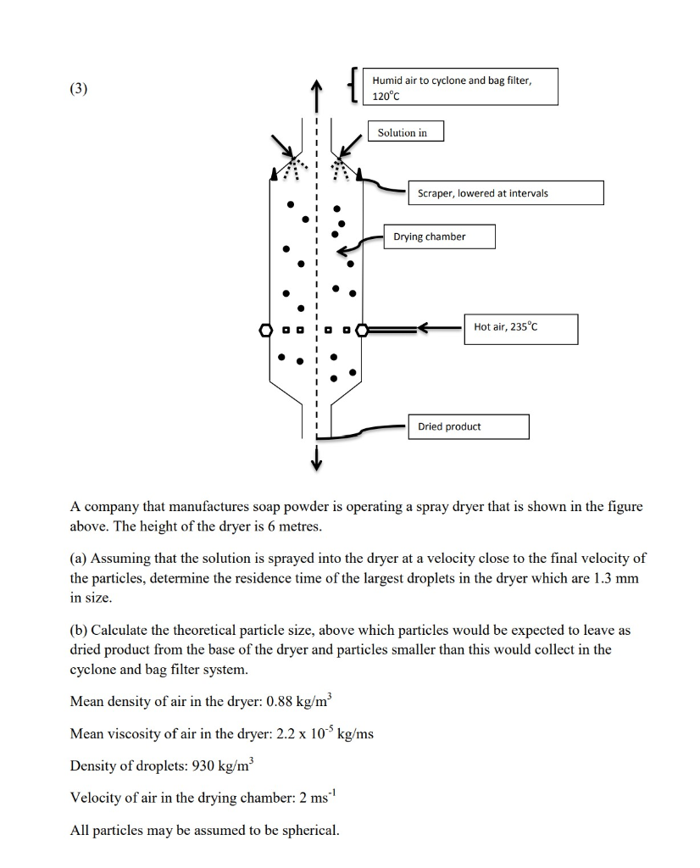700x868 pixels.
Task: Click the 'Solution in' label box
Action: pyautogui.click(x=405, y=132)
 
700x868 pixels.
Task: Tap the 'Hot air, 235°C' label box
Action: pyautogui.click(x=520, y=328)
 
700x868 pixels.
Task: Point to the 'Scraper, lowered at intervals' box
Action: pyautogui.click(x=505, y=193)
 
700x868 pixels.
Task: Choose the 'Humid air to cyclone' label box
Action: pyautogui.click(x=463, y=87)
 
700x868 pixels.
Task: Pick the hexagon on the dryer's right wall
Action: pyautogui.click(x=364, y=329)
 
